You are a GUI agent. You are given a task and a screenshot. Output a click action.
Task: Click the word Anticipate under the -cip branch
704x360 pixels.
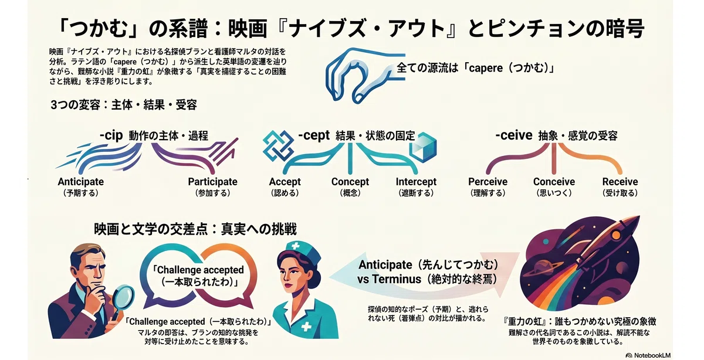coord(81,182)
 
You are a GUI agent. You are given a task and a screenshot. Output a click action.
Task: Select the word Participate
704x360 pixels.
coord(213,182)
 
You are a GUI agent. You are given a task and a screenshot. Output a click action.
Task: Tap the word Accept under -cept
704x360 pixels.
coord(285,182)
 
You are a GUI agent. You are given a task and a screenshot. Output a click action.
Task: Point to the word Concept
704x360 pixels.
coord(350,182)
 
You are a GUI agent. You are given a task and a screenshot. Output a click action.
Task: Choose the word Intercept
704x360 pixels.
coord(416,182)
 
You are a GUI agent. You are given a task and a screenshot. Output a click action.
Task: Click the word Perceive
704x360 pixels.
coord(488,182)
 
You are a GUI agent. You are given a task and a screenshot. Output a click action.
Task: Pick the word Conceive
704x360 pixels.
coord(554,182)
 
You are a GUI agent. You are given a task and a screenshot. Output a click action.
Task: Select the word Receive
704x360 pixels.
coord(620,182)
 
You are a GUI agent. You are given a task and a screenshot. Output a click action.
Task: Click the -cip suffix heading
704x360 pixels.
coord(111,135)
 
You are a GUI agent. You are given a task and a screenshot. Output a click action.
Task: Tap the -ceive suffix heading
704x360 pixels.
coord(514,135)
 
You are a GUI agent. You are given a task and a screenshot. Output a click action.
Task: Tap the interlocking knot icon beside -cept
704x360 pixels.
coord(279,146)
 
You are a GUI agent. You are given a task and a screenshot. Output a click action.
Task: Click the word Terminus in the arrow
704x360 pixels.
coord(397,279)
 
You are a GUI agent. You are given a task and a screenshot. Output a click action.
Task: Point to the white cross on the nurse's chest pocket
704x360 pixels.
coord(306,327)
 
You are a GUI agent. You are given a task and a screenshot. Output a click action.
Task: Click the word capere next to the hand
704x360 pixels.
coord(486,68)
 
